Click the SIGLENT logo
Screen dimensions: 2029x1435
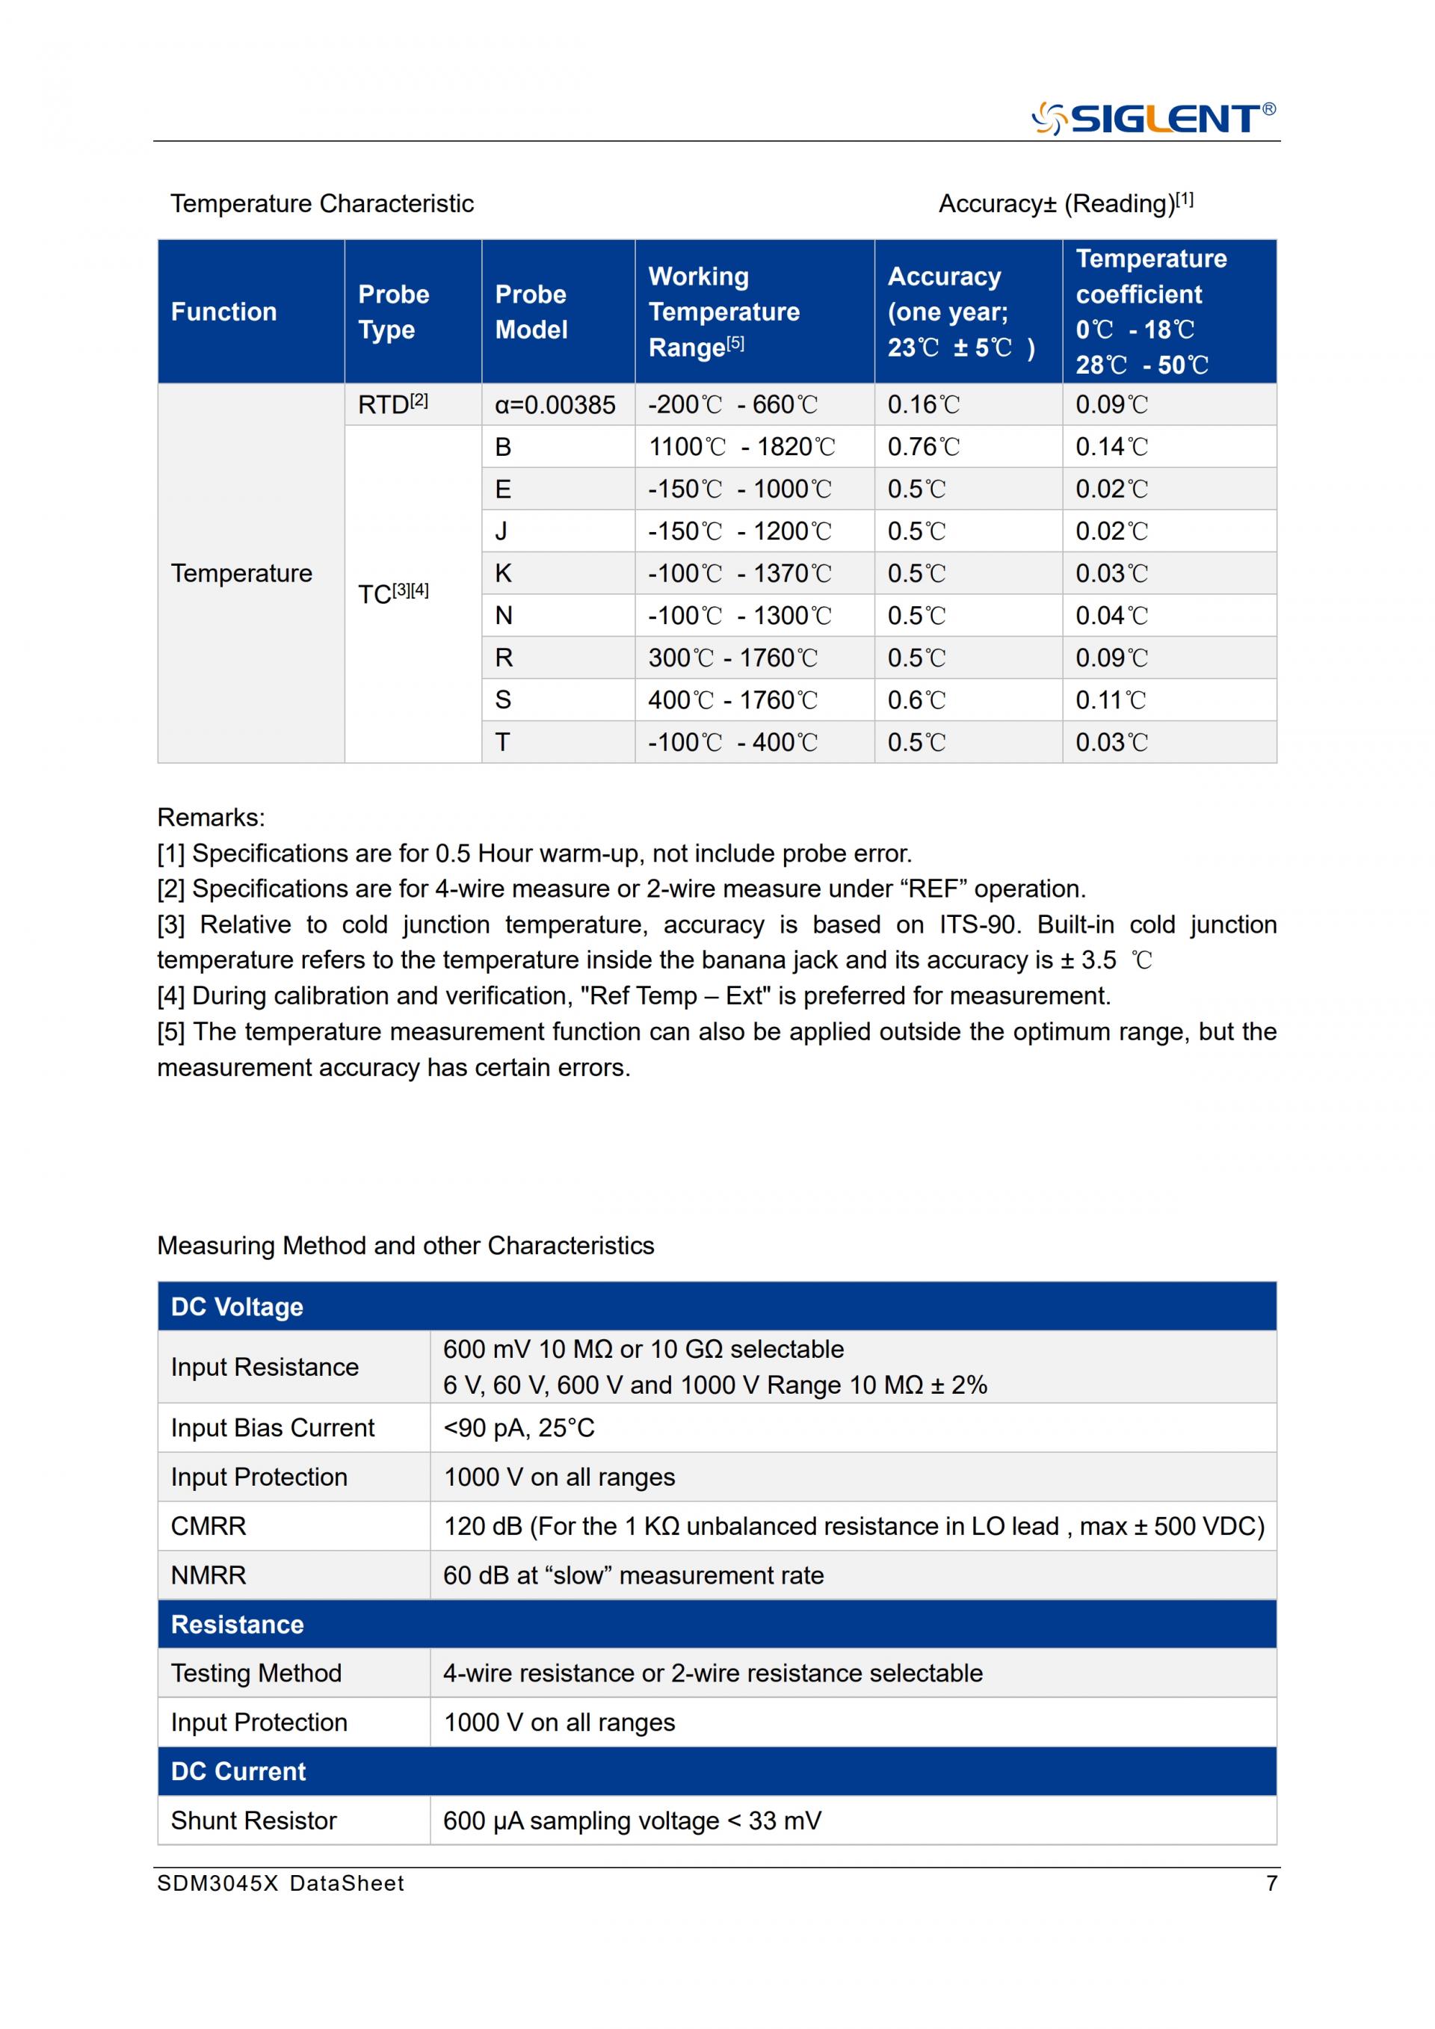click(x=1152, y=118)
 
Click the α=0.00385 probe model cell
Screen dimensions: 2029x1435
click(x=555, y=405)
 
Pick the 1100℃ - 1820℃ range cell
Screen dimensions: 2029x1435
click(x=741, y=446)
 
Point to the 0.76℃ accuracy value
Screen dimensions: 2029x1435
click(x=923, y=446)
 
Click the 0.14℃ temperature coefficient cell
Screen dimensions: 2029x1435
click(x=1111, y=446)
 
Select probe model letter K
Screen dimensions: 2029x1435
click(x=503, y=573)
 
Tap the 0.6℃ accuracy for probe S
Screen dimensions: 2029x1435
click(x=916, y=700)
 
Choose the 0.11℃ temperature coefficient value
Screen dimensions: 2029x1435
click(x=1111, y=700)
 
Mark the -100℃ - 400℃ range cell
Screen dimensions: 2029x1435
click(x=732, y=742)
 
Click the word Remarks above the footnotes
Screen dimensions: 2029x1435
click(x=210, y=818)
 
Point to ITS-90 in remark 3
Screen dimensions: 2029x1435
click(x=978, y=924)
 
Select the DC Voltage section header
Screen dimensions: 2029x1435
click(x=237, y=1306)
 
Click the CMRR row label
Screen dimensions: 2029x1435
click(x=209, y=1526)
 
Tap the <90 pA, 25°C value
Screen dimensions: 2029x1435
click(x=519, y=1428)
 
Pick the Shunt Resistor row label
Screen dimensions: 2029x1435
click(x=253, y=1821)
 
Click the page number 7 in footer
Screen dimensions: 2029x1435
click(x=1271, y=1883)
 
